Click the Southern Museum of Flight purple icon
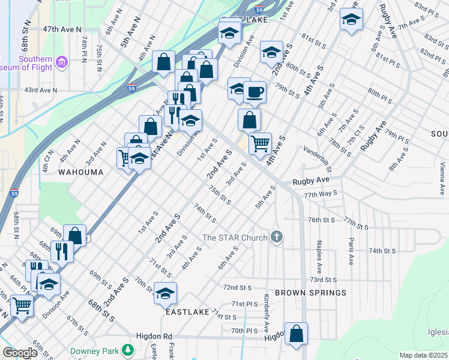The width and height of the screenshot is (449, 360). (x=61, y=62)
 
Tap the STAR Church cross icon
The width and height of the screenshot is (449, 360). (x=276, y=237)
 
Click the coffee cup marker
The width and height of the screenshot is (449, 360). (x=255, y=92)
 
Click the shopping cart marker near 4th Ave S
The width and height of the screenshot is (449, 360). (x=260, y=143)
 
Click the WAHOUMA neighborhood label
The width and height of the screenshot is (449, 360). (x=80, y=172)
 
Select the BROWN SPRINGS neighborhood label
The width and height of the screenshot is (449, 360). (x=310, y=293)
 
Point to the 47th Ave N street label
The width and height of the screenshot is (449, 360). (x=62, y=29)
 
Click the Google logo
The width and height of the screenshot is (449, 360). (x=20, y=353)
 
